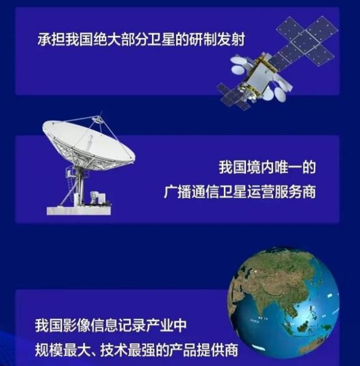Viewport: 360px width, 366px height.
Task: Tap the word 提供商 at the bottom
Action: pyautogui.click(x=218, y=349)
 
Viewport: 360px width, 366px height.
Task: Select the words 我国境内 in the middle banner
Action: pyautogui.click(x=241, y=167)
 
